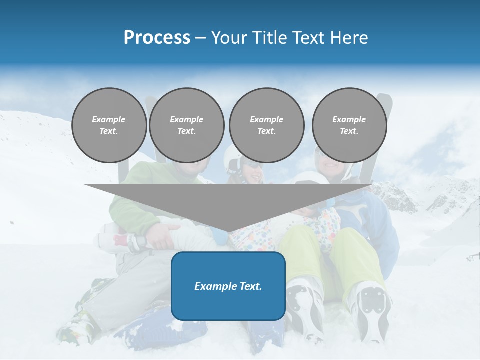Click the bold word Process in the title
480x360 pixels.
coord(157,37)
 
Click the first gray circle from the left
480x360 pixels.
coord(109,125)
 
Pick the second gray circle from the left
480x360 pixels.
coord(186,125)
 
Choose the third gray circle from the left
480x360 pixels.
coord(266,125)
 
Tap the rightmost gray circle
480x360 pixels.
coord(349,125)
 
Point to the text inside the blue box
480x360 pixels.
coord(228,286)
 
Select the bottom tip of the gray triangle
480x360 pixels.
coord(228,230)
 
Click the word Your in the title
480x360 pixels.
coord(229,37)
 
